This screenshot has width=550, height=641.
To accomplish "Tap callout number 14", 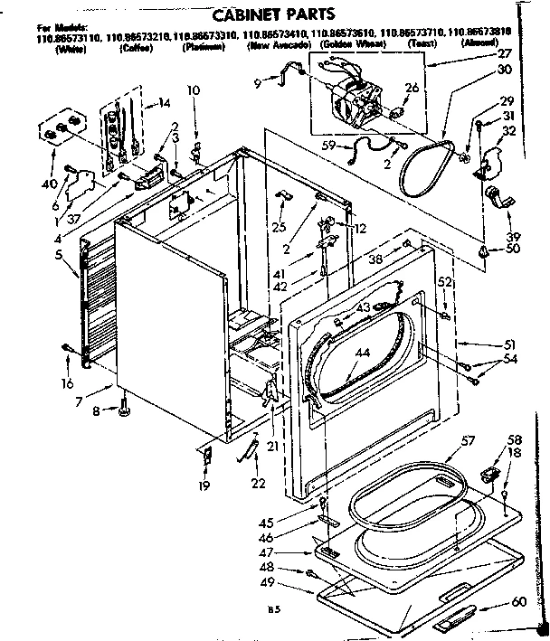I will (x=164, y=103).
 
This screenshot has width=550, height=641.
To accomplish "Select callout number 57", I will (x=468, y=443).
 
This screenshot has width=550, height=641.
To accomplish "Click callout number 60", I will (x=519, y=601).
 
